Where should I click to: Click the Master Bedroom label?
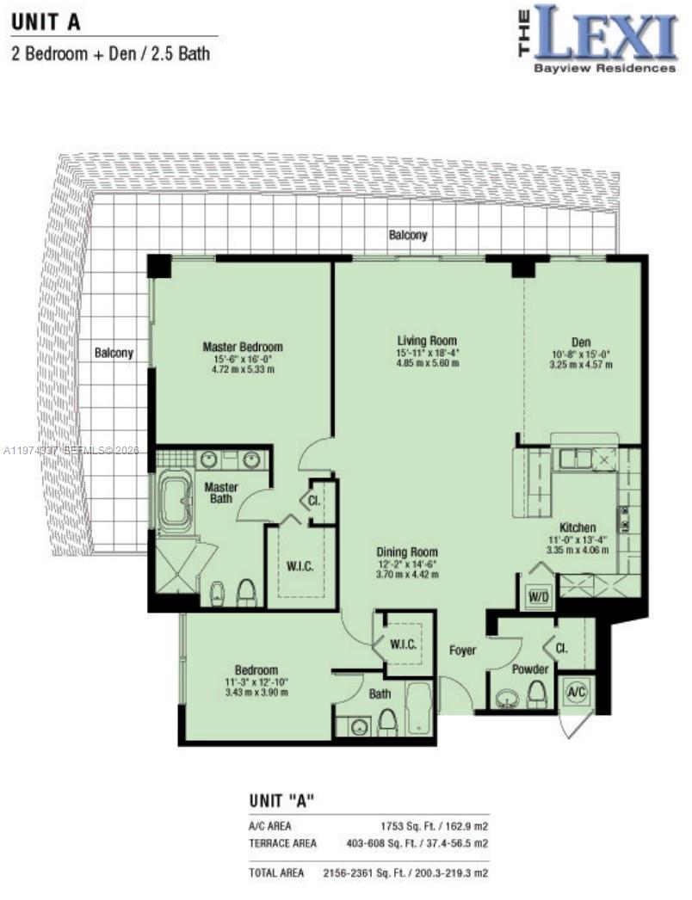pos(243,347)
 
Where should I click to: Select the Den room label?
pos(580,342)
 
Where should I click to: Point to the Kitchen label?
pos(578,527)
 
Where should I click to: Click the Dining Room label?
pos(406,552)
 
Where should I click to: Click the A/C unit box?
pos(576,691)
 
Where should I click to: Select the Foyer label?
pos(462,650)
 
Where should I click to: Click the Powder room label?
pos(530,669)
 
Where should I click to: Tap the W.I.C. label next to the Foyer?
pos(404,644)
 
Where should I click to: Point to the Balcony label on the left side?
pos(114,353)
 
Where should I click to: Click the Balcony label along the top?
pos(407,235)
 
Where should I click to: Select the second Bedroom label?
pos(256,670)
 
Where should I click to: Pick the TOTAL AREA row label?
pos(276,872)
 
